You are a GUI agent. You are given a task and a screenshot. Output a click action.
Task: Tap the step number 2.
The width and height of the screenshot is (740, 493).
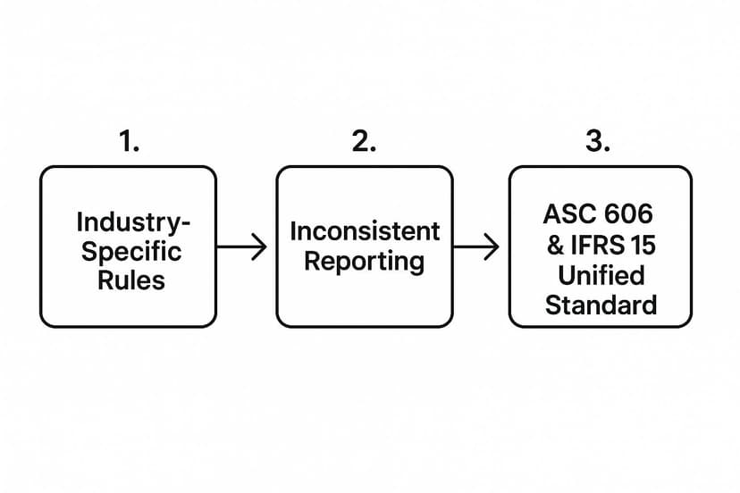(363, 141)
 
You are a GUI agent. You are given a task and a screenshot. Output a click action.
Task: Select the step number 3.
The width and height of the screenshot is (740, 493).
(598, 141)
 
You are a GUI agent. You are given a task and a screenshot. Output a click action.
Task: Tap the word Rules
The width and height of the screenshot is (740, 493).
(131, 280)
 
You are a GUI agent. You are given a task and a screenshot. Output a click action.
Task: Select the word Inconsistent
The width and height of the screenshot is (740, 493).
(365, 231)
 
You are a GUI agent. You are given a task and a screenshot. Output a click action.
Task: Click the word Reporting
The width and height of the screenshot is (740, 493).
(365, 262)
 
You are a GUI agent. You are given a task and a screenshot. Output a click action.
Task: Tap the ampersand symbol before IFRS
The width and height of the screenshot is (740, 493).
(556, 245)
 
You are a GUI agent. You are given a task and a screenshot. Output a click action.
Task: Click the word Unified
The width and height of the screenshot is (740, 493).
(601, 274)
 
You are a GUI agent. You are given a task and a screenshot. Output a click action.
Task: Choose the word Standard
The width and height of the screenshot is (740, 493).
(601, 305)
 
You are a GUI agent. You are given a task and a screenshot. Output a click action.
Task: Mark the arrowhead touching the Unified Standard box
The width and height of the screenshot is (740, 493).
(492, 246)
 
